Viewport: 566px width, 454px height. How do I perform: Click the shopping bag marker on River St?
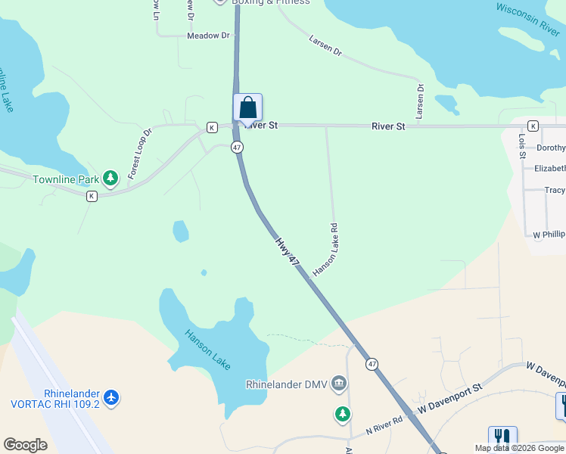click(247, 109)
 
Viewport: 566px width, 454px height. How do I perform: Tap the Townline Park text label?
click(67, 180)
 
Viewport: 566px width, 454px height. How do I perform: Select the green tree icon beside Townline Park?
click(111, 178)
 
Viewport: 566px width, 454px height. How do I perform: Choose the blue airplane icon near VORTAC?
click(112, 396)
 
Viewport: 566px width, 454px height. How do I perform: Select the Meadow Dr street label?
click(208, 36)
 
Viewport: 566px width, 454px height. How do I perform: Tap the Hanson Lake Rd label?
click(326, 249)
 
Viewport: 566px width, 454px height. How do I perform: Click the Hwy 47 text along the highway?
click(288, 253)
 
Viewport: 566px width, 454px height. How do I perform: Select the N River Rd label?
click(385, 424)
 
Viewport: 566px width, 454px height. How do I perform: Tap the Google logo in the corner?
click(26, 445)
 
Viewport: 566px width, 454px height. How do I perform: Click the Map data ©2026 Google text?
click(518, 448)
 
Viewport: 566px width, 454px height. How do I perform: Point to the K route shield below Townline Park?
click(92, 196)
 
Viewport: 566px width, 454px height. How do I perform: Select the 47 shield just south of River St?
click(237, 147)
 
